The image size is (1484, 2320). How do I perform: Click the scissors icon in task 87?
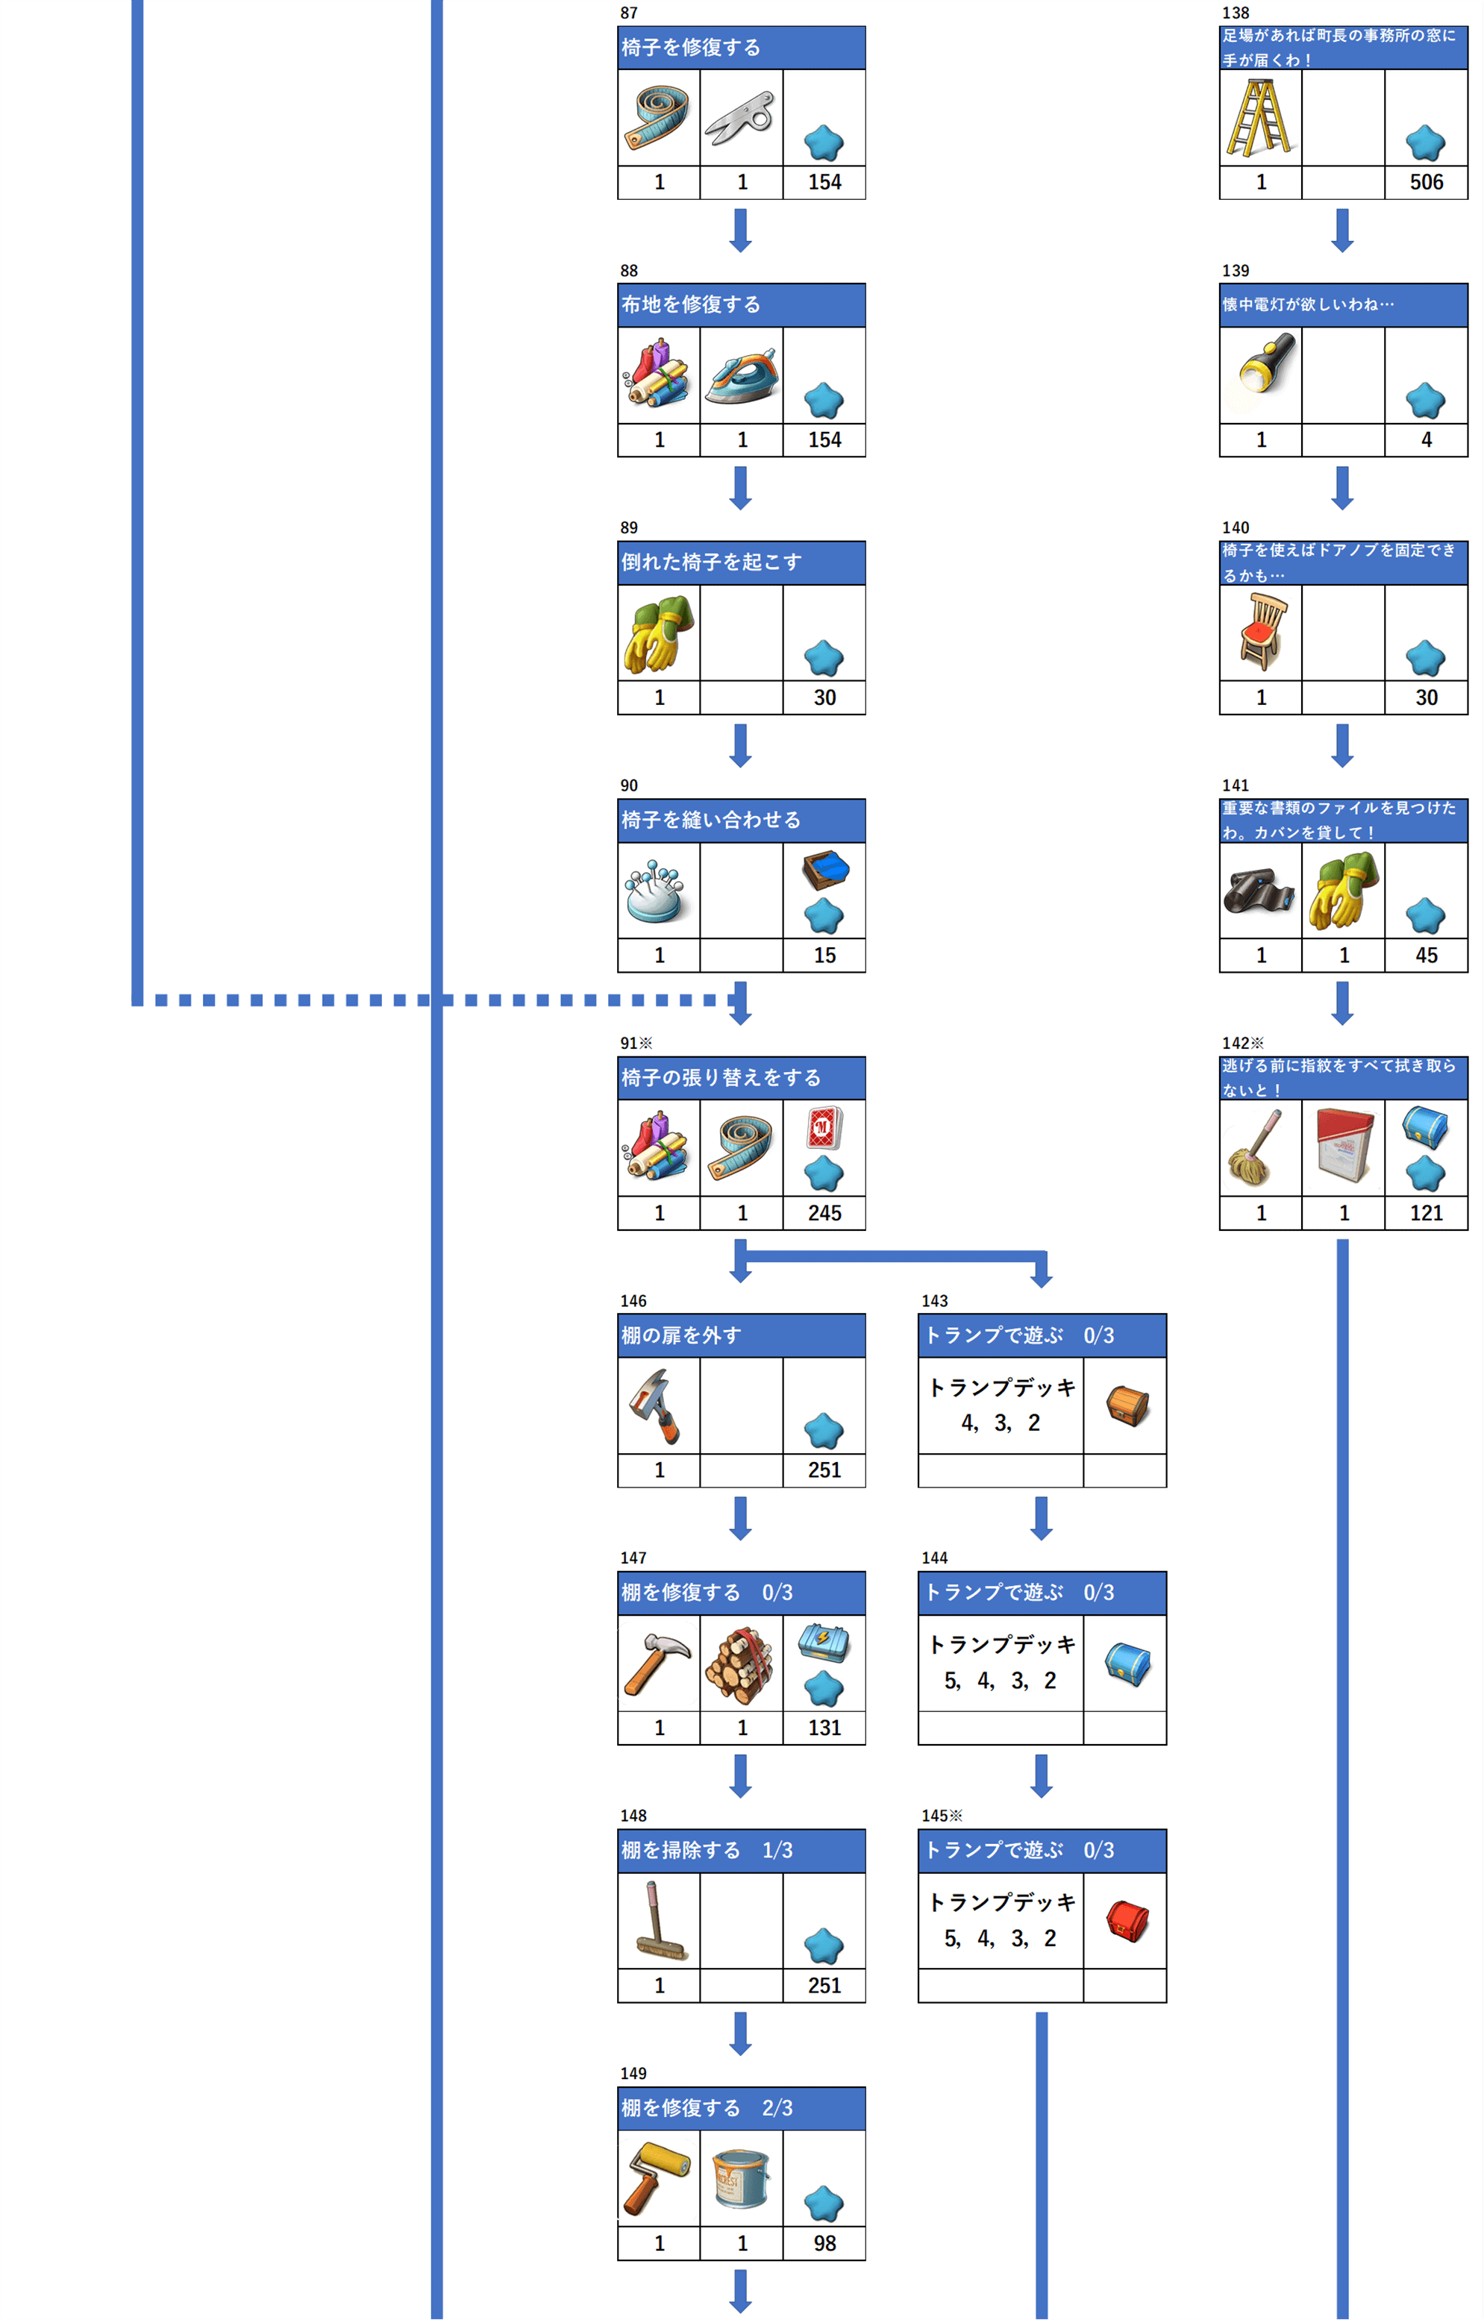pos(740,119)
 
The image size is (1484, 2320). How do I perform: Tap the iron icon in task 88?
pos(741,377)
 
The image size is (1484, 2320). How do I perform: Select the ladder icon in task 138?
pos(1259,118)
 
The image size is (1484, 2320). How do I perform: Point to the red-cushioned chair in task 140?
pos(1263,632)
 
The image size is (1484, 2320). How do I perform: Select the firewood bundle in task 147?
pos(740,1666)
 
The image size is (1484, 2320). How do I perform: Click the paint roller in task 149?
pos(657,2178)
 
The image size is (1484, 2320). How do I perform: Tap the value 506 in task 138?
pos(1427,182)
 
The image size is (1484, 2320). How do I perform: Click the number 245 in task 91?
pos(825,1213)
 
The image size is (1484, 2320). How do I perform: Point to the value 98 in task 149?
pos(825,2243)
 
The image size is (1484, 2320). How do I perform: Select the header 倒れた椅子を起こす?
pos(711,562)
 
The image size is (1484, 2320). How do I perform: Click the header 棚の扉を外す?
pos(681,1335)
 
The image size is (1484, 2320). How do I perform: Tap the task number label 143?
pos(934,1301)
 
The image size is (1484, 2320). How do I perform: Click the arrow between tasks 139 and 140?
pos(1342,488)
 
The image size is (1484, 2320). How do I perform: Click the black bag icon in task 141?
pos(1259,891)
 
